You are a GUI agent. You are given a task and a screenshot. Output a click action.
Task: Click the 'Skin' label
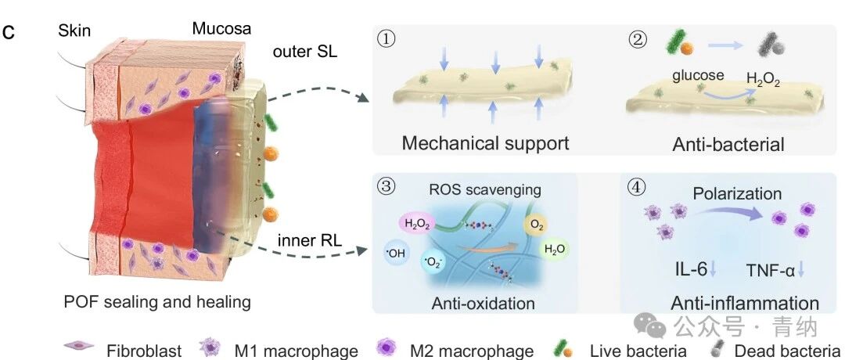[74, 31]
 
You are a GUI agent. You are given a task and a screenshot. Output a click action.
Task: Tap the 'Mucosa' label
[221, 28]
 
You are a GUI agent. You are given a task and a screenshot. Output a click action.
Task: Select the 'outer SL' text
[305, 52]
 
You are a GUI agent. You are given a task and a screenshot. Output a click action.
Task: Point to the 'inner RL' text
[310, 241]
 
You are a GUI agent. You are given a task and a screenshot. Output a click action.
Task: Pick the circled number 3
[387, 188]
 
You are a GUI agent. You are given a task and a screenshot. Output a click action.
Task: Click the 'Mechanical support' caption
[486, 143]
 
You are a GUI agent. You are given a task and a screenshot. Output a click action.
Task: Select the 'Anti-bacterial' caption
[728, 145]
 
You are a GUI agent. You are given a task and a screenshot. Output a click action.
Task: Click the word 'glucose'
[698, 75]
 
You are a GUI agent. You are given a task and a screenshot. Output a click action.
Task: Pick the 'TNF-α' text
[769, 270]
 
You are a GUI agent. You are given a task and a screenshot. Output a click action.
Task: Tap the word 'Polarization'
[737, 193]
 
